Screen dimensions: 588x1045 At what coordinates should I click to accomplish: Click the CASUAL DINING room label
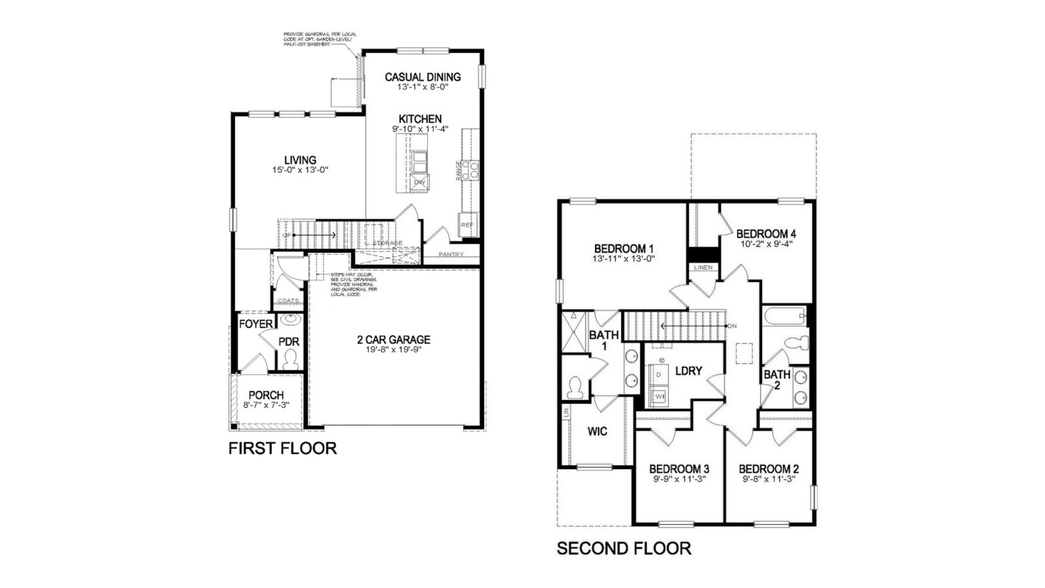422,77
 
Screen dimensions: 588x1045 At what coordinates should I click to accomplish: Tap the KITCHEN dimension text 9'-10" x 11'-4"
420,129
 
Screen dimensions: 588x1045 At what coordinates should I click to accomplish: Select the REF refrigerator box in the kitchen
467,225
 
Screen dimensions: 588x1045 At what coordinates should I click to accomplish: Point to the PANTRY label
451,254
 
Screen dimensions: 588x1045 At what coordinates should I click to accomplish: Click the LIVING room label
300,160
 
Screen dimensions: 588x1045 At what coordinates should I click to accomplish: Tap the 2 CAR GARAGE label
393,340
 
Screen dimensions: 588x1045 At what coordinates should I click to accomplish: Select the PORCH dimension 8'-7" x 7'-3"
266,405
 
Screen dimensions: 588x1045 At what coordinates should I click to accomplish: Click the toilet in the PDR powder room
291,359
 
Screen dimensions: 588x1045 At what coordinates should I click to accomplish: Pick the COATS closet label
288,301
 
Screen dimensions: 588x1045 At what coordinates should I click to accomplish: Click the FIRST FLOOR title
282,448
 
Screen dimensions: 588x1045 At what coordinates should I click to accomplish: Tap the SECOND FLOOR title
624,548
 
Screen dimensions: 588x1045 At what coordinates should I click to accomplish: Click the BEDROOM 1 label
624,249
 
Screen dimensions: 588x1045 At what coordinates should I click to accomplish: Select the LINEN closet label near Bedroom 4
703,268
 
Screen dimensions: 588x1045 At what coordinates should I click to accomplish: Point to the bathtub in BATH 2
786,318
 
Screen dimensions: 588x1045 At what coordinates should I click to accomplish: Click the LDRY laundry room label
688,371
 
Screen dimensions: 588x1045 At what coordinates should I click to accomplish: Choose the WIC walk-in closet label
597,431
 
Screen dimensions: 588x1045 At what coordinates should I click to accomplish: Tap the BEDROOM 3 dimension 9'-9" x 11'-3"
679,479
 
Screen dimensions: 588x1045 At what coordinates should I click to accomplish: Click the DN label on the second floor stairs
732,325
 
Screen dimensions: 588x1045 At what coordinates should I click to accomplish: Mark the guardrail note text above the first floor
319,39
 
